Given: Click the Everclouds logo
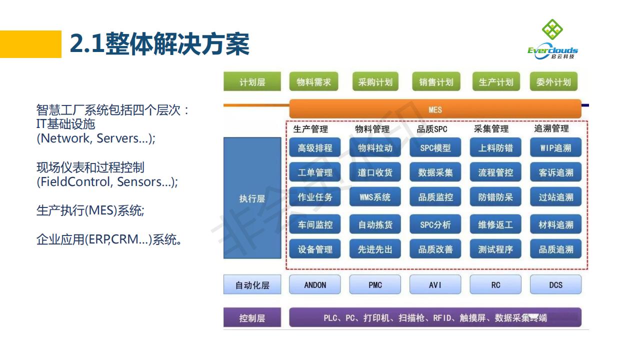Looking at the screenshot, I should tap(552, 39).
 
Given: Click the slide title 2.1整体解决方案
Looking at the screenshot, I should tap(159, 44).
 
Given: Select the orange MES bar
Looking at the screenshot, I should tap(435, 109).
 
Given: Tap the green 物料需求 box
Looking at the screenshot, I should tap(313, 82).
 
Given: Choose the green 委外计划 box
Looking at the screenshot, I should tap(553, 82).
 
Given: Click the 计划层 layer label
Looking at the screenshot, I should tap(252, 82).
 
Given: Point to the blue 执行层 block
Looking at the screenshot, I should tap(252, 198).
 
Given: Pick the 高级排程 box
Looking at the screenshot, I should tap(315, 148).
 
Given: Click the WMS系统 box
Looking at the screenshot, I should tap(375, 197).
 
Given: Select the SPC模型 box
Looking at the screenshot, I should tap(435, 148).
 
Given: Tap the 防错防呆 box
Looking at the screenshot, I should tap(495, 197).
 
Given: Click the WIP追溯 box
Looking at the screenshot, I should tap(555, 148).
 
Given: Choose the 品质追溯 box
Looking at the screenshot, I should tap(555, 249).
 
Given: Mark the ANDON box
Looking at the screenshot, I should tap(315, 284).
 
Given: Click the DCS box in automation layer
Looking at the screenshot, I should tap(555, 284).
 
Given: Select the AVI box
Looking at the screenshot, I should tap(435, 284).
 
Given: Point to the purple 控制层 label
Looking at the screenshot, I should tap(252, 317).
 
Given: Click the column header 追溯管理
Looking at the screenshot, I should tap(551, 129).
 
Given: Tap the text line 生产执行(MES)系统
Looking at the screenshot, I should tap(90, 210).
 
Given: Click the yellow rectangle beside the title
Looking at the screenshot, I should tap(30, 44).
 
